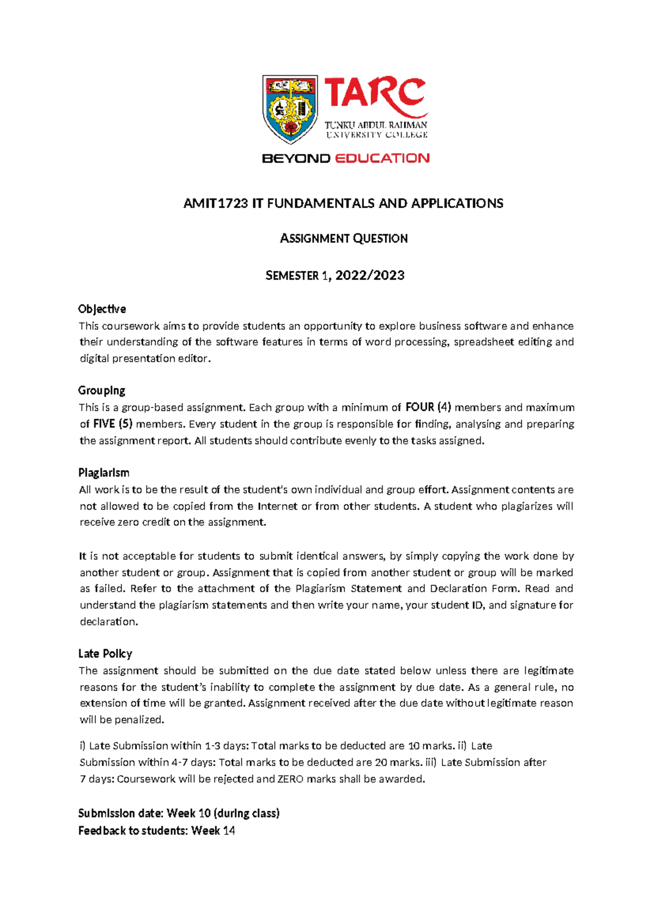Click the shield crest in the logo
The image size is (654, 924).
pyautogui.click(x=290, y=109)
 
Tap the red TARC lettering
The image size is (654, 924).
pyautogui.click(x=375, y=94)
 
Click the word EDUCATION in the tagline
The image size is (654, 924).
pyautogui.click(x=382, y=159)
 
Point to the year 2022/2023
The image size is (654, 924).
pyautogui.click(x=370, y=276)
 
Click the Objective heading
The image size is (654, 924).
pyautogui.click(x=102, y=309)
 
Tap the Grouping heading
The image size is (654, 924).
pyautogui.click(x=101, y=391)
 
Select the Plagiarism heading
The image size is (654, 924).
pyautogui.click(x=104, y=472)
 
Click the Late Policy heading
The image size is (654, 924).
pyautogui.click(x=105, y=653)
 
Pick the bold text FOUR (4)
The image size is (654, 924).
pyautogui.click(x=428, y=407)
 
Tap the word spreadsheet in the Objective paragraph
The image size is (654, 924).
pyautogui.click(x=482, y=342)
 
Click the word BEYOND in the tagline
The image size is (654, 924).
pyautogui.click(x=296, y=159)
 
